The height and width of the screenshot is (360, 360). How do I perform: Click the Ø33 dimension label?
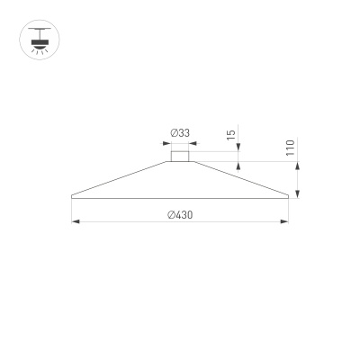180,133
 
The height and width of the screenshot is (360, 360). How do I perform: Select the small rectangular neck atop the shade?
180,157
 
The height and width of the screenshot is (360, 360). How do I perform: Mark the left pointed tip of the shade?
71,195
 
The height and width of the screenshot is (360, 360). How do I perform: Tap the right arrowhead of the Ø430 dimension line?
287,221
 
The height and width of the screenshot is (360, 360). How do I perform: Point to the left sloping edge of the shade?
121,179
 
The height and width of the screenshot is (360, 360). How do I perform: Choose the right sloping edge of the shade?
238,179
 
